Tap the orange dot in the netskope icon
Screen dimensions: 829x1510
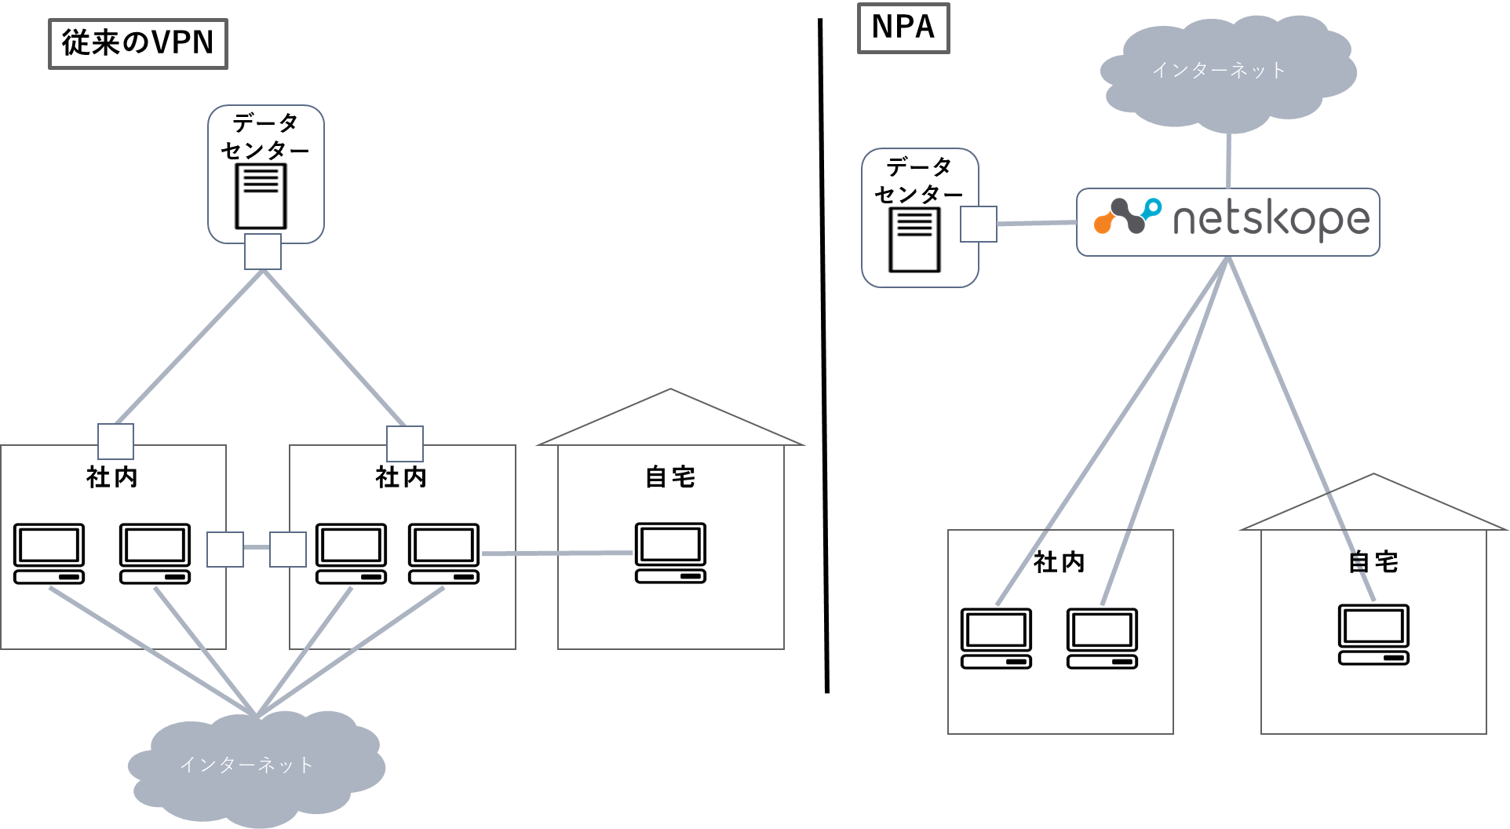coord(1103,225)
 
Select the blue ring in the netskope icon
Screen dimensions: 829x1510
coord(1152,208)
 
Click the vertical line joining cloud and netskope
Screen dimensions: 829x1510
coord(1228,161)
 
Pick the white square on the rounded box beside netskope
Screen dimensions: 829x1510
coord(979,225)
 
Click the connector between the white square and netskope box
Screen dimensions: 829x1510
coord(1036,224)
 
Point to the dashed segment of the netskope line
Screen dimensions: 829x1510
coord(1359,563)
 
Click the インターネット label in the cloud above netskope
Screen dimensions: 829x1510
coord(1219,71)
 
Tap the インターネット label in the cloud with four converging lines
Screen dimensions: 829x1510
coord(247,765)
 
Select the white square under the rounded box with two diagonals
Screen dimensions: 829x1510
coord(263,251)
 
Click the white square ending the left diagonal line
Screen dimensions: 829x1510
coord(115,441)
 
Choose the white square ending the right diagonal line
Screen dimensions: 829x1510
coord(405,444)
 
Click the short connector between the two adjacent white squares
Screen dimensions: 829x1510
coord(257,547)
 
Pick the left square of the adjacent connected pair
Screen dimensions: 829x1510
coord(225,550)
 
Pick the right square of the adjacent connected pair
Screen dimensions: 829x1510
coord(288,550)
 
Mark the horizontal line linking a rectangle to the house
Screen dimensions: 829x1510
coord(557,553)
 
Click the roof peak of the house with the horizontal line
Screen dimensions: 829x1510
coord(670,389)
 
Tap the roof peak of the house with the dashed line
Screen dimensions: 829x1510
coord(1373,474)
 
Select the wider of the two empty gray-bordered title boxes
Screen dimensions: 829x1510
coord(138,44)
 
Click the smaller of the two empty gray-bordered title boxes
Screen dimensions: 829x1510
coord(903,28)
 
